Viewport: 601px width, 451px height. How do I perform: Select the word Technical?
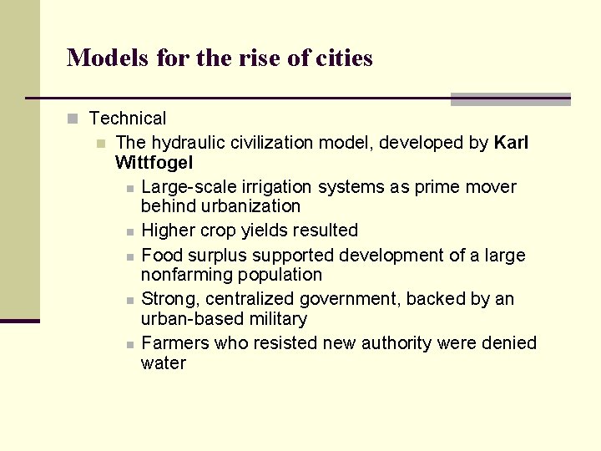(x=128, y=119)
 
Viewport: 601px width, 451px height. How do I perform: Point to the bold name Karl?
(x=511, y=143)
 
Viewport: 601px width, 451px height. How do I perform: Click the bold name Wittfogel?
(x=155, y=162)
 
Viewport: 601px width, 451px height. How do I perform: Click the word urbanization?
(x=220, y=205)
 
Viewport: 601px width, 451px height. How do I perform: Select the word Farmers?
(x=175, y=342)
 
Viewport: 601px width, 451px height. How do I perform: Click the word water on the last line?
(x=163, y=362)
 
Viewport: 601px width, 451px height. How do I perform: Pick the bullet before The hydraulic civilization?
(x=101, y=144)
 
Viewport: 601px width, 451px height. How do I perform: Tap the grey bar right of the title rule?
(x=510, y=99)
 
